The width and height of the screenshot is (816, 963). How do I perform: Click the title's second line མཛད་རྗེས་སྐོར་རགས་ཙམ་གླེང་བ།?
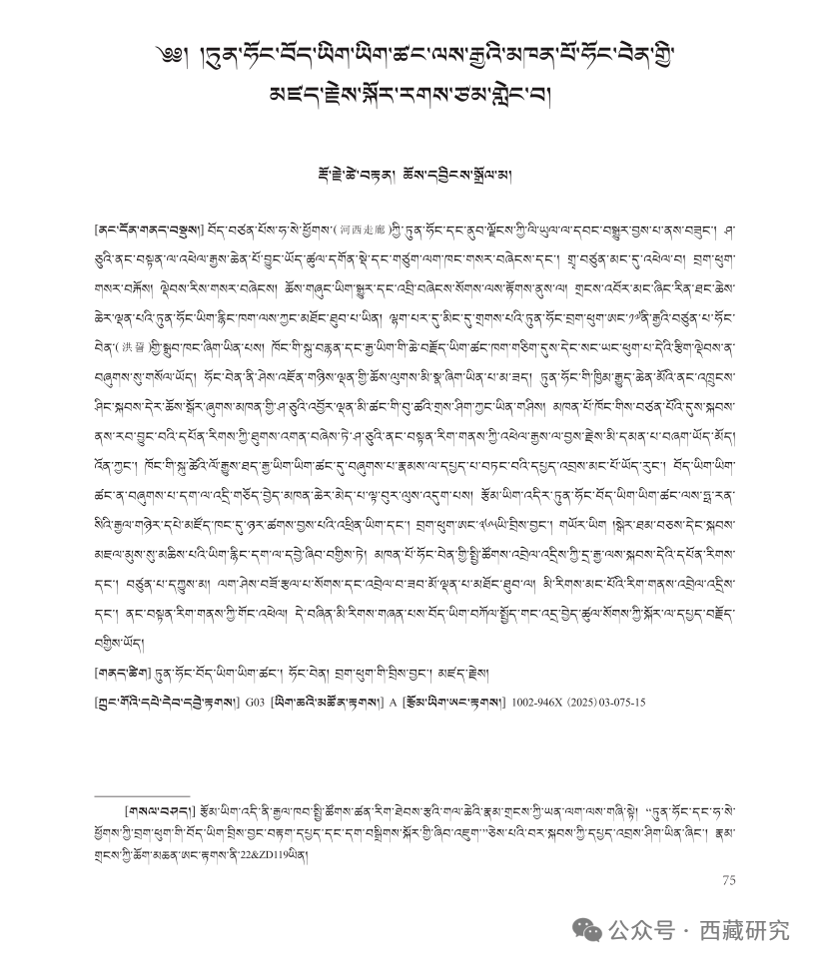[408, 97]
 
